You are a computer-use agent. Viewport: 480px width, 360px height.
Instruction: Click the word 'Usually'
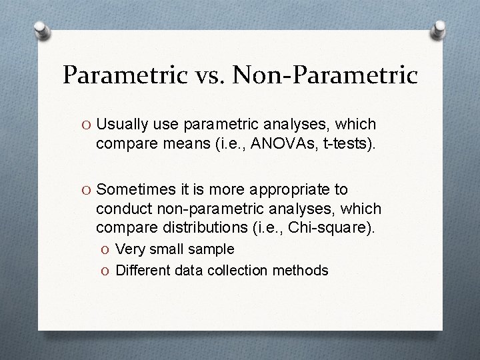(121, 124)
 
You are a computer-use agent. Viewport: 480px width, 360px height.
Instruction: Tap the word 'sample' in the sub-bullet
(210, 249)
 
